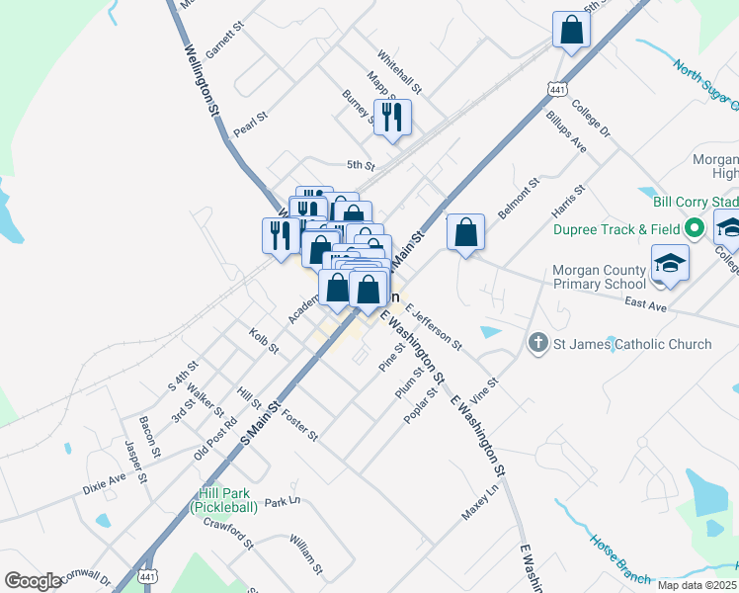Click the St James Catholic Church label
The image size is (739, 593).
632,344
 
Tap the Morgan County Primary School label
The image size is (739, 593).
600,277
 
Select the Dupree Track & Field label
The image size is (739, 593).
616,229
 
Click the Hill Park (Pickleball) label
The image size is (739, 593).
224,500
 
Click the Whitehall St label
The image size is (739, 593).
399,74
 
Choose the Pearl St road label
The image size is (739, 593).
250,125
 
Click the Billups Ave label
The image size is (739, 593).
566,131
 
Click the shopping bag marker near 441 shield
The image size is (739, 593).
572,31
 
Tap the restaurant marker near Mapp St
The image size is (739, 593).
392,118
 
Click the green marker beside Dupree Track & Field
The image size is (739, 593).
695,229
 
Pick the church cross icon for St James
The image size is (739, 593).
538,344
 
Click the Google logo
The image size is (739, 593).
33,581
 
